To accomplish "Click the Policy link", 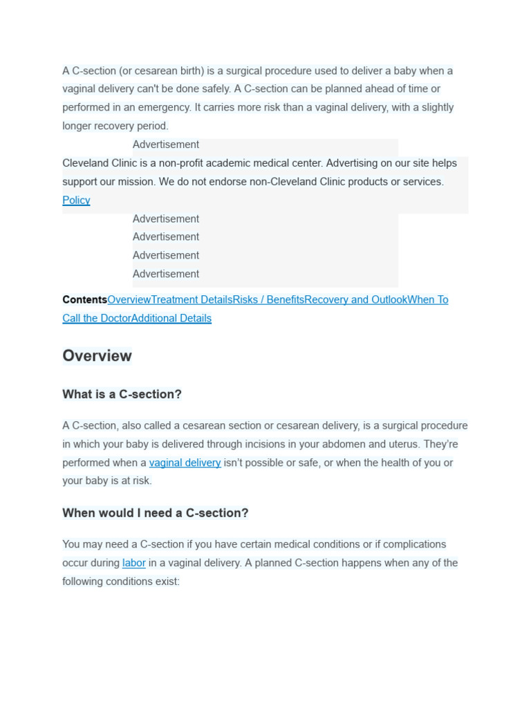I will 76,201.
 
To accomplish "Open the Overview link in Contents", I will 129,300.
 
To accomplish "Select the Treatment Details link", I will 192,300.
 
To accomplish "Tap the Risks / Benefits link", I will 268,300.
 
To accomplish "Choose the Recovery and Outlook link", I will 355,300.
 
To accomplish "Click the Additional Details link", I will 171,319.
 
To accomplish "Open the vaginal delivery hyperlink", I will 185,463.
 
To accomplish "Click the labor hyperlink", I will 133,563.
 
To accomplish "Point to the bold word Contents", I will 84,300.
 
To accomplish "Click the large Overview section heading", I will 97,356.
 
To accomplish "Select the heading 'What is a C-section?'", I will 122,395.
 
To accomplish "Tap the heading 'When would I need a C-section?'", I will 155,513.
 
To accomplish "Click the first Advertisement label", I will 165,145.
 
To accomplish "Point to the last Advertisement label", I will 165,274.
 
